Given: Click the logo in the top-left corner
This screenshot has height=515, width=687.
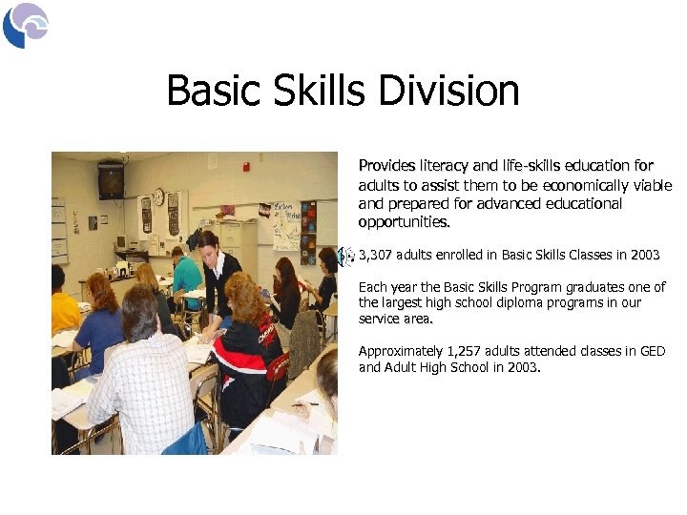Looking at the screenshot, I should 26,25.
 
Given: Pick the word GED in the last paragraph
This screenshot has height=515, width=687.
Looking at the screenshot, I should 652,352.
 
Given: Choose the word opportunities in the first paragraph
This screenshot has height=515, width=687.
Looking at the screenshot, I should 403,222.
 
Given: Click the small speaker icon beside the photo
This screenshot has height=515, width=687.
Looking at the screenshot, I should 347,255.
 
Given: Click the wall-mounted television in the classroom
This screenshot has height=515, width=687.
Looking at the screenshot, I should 111,179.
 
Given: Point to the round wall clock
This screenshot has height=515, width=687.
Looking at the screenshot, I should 158,196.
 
